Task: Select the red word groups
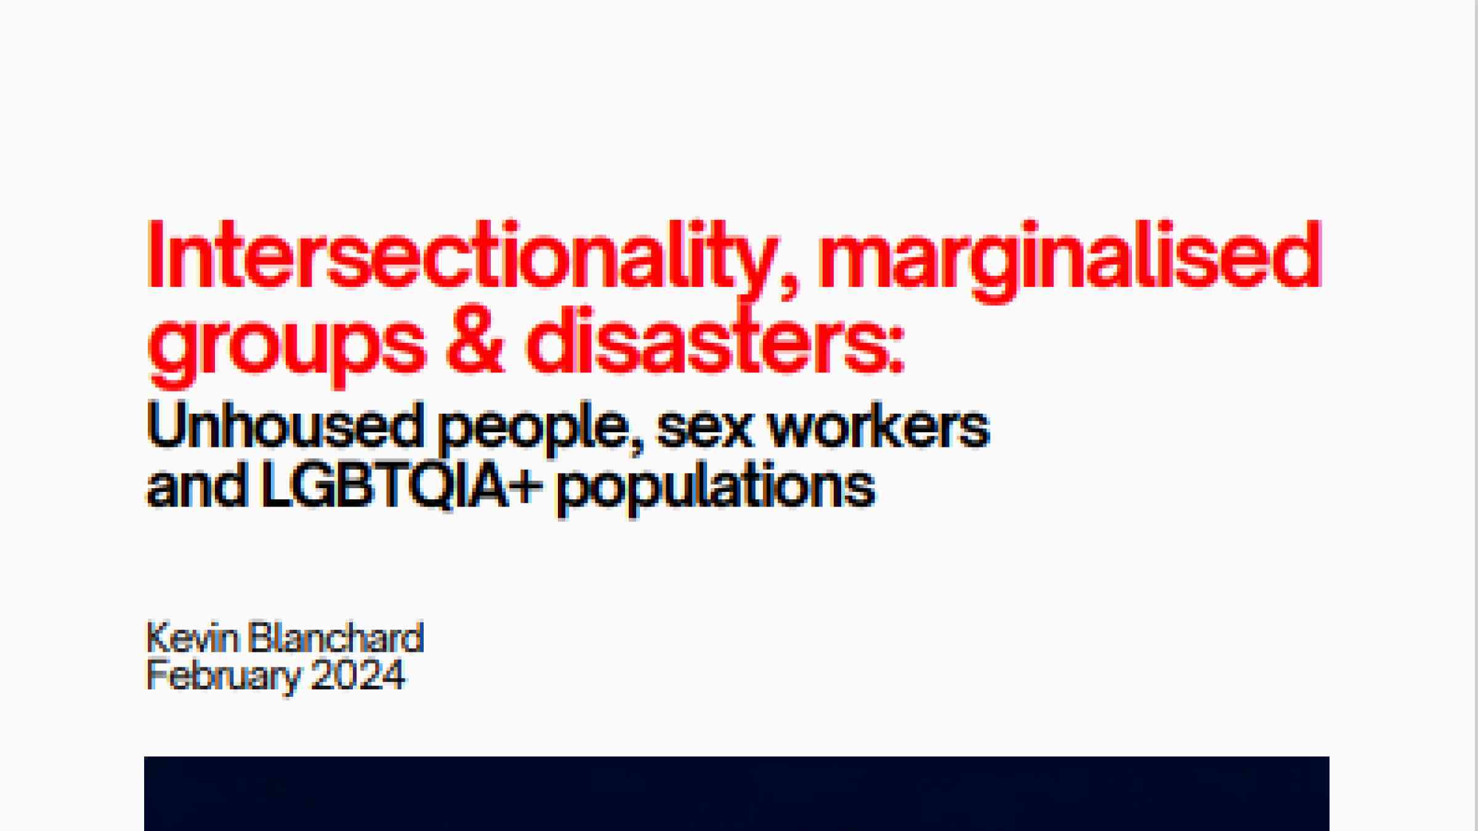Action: pyautogui.click(x=286, y=348)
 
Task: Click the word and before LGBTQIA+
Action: pyautogui.click(x=197, y=486)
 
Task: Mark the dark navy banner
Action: pyautogui.click(x=737, y=793)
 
